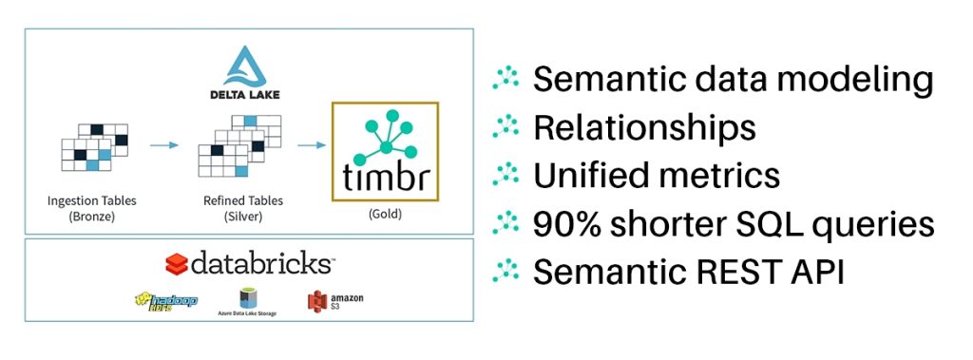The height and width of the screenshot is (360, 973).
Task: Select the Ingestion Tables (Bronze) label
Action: [91, 207]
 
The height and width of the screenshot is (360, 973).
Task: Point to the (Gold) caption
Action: [384, 214]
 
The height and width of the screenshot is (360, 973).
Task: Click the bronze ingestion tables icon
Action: [93, 147]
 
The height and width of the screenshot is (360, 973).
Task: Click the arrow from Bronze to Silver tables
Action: [165, 145]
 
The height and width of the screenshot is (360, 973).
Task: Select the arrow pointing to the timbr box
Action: [310, 145]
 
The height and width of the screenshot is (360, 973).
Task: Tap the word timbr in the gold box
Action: [384, 177]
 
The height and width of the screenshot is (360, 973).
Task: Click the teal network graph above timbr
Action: [384, 133]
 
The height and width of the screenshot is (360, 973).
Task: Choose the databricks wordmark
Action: [261, 263]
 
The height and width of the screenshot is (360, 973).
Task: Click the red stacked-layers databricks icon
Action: [176, 263]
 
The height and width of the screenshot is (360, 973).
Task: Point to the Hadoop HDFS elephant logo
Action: [167, 300]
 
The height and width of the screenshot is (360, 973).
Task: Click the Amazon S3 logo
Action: [334, 300]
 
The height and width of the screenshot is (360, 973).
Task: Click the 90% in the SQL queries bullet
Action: [568, 224]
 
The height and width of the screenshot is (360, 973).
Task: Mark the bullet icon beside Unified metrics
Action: [506, 177]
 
